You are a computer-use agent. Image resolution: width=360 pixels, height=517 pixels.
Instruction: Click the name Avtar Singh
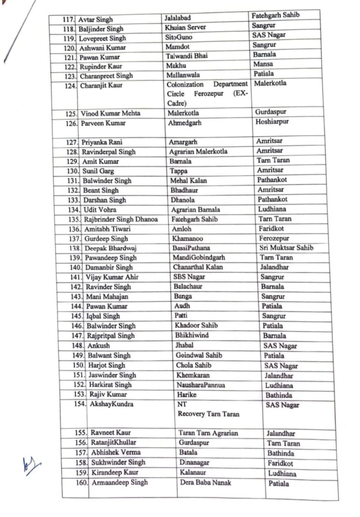(x=95, y=20)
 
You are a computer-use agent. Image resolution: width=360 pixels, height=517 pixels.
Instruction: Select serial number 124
(x=71, y=86)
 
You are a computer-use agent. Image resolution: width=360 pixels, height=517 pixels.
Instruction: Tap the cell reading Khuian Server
(x=185, y=27)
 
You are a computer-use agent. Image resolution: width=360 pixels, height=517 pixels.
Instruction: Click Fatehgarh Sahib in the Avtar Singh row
(x=275, y=15)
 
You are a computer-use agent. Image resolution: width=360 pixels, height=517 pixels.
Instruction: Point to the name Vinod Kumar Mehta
(x=110, y=113)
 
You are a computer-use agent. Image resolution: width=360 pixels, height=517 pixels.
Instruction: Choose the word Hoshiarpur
(x=272, y=122)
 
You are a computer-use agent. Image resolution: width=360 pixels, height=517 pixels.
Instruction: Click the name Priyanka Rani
(x=102, y=142)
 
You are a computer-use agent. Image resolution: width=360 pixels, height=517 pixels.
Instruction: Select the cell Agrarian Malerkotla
(x=198, y=152)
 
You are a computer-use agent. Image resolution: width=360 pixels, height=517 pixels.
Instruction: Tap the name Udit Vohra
(x=100, y=210)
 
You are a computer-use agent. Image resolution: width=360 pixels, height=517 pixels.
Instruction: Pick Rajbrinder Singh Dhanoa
(x=121, y=219)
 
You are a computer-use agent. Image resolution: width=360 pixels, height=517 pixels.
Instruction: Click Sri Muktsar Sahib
(x=286, y=247)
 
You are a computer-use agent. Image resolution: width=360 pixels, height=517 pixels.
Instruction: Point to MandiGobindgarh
(x=199, y=257)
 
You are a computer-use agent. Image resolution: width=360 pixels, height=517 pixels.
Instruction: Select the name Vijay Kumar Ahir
(x=112, y=277)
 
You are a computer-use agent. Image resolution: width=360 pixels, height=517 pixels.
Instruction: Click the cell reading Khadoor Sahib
(x=196, y=325)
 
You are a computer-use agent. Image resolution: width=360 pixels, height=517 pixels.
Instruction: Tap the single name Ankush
(x=98, y=345)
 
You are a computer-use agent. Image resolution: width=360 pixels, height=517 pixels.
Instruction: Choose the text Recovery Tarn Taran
(x=208, y=414)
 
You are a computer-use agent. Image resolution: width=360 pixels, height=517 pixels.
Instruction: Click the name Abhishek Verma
(x=116, y=452)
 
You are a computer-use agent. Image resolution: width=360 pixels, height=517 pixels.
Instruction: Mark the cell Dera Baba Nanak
(x=206, y=482)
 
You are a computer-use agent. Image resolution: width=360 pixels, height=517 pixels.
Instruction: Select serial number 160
(x=82, y=482)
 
